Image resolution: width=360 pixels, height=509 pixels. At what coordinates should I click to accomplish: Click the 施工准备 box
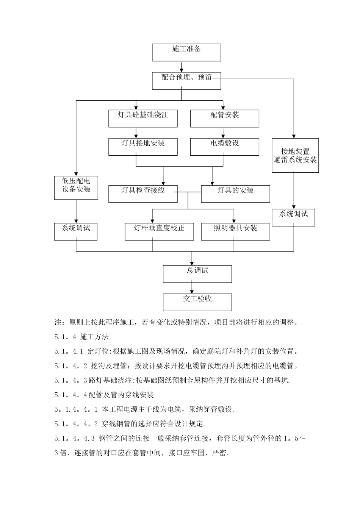(x=186, y=52)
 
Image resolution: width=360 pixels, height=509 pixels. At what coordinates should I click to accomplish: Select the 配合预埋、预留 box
(x=186, y=81)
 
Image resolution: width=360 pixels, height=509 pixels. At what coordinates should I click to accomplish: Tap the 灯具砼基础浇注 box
(x=143, y=118)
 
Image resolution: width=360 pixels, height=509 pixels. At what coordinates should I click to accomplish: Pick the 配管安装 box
(x=224, y=118)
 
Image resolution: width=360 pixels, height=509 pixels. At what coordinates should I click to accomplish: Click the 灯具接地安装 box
(x=143, y=147)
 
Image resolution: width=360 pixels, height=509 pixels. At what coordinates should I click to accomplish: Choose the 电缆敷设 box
(x=224, y=147)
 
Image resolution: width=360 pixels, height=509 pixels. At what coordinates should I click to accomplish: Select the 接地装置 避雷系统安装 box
(x=295, y=155)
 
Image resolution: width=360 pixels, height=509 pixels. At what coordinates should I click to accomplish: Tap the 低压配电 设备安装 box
(x=76, y=187)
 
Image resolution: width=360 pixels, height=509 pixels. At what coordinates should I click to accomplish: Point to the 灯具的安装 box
(x=235, y=194)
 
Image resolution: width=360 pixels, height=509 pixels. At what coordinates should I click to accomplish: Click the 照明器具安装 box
(x=235, y=231)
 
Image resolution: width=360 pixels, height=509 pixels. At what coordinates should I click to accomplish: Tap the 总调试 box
(x=197, y=274)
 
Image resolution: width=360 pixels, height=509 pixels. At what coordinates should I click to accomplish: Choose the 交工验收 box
(x=197, y=302)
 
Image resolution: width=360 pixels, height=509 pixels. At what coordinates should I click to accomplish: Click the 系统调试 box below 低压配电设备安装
(x=76, y=231)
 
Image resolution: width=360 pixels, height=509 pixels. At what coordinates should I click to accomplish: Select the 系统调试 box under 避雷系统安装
(x=294, y=217)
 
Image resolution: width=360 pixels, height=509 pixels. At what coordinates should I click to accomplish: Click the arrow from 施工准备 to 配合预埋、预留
(x=182, y=67)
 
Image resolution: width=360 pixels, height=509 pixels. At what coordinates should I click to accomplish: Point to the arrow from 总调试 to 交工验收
(x=192, y=288)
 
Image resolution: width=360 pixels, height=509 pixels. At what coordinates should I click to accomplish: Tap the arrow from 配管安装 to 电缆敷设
(x=223, y=133)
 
